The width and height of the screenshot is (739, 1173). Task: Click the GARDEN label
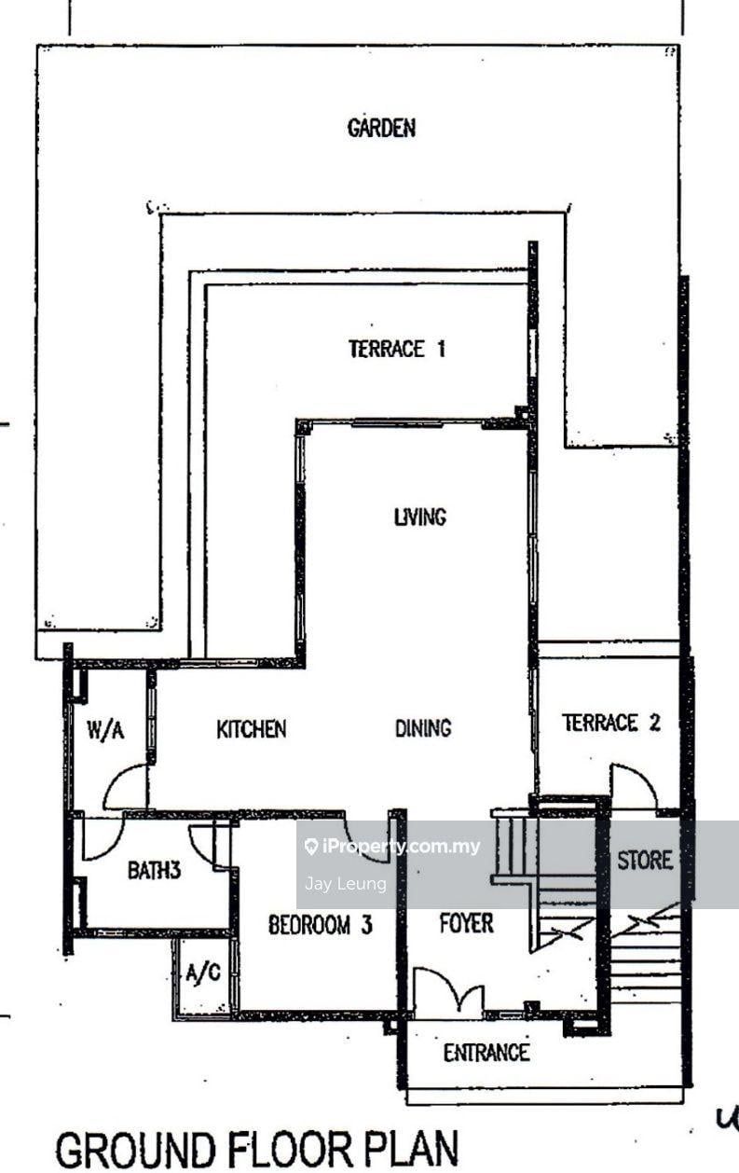381,129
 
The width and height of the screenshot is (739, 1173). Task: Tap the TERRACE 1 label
397,349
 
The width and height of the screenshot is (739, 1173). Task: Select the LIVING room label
420,517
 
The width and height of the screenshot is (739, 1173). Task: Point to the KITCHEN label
252,729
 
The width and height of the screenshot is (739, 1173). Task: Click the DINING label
423,728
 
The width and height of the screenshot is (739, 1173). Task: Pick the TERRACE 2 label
611,723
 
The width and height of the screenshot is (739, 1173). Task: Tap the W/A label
105,730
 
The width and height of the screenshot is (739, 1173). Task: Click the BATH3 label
155,870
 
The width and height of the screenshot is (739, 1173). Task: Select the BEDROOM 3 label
321,925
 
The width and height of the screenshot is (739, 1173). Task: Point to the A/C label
203,973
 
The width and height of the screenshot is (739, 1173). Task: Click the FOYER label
466,923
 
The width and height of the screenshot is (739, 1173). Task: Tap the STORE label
645,860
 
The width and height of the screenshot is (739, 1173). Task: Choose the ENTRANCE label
486,1052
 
